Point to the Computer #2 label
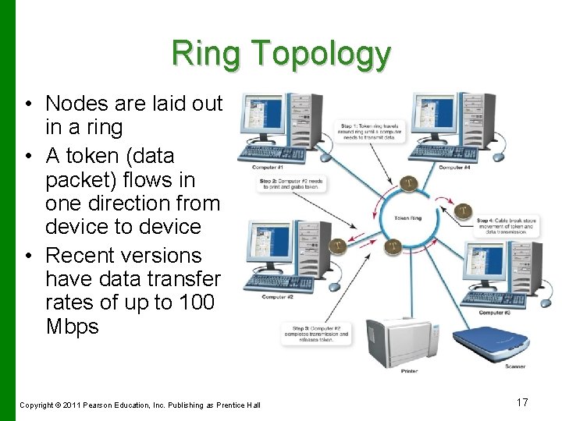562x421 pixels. click(x=277, y=296)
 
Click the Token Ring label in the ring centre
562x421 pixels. click(x=407, y=218)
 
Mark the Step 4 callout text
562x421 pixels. click(x=508, y=226)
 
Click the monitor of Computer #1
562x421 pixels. click(x=262, y=117)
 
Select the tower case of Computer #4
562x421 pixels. click(x=479, y=121)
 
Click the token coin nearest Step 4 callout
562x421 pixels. click(x=464, y=210)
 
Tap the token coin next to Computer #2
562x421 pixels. click(x=337, y=246)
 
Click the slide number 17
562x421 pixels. click(x=522, y=402)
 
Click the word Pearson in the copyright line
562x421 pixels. click(x=103, y=404)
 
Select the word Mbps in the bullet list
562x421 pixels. click(x=72, y=326)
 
